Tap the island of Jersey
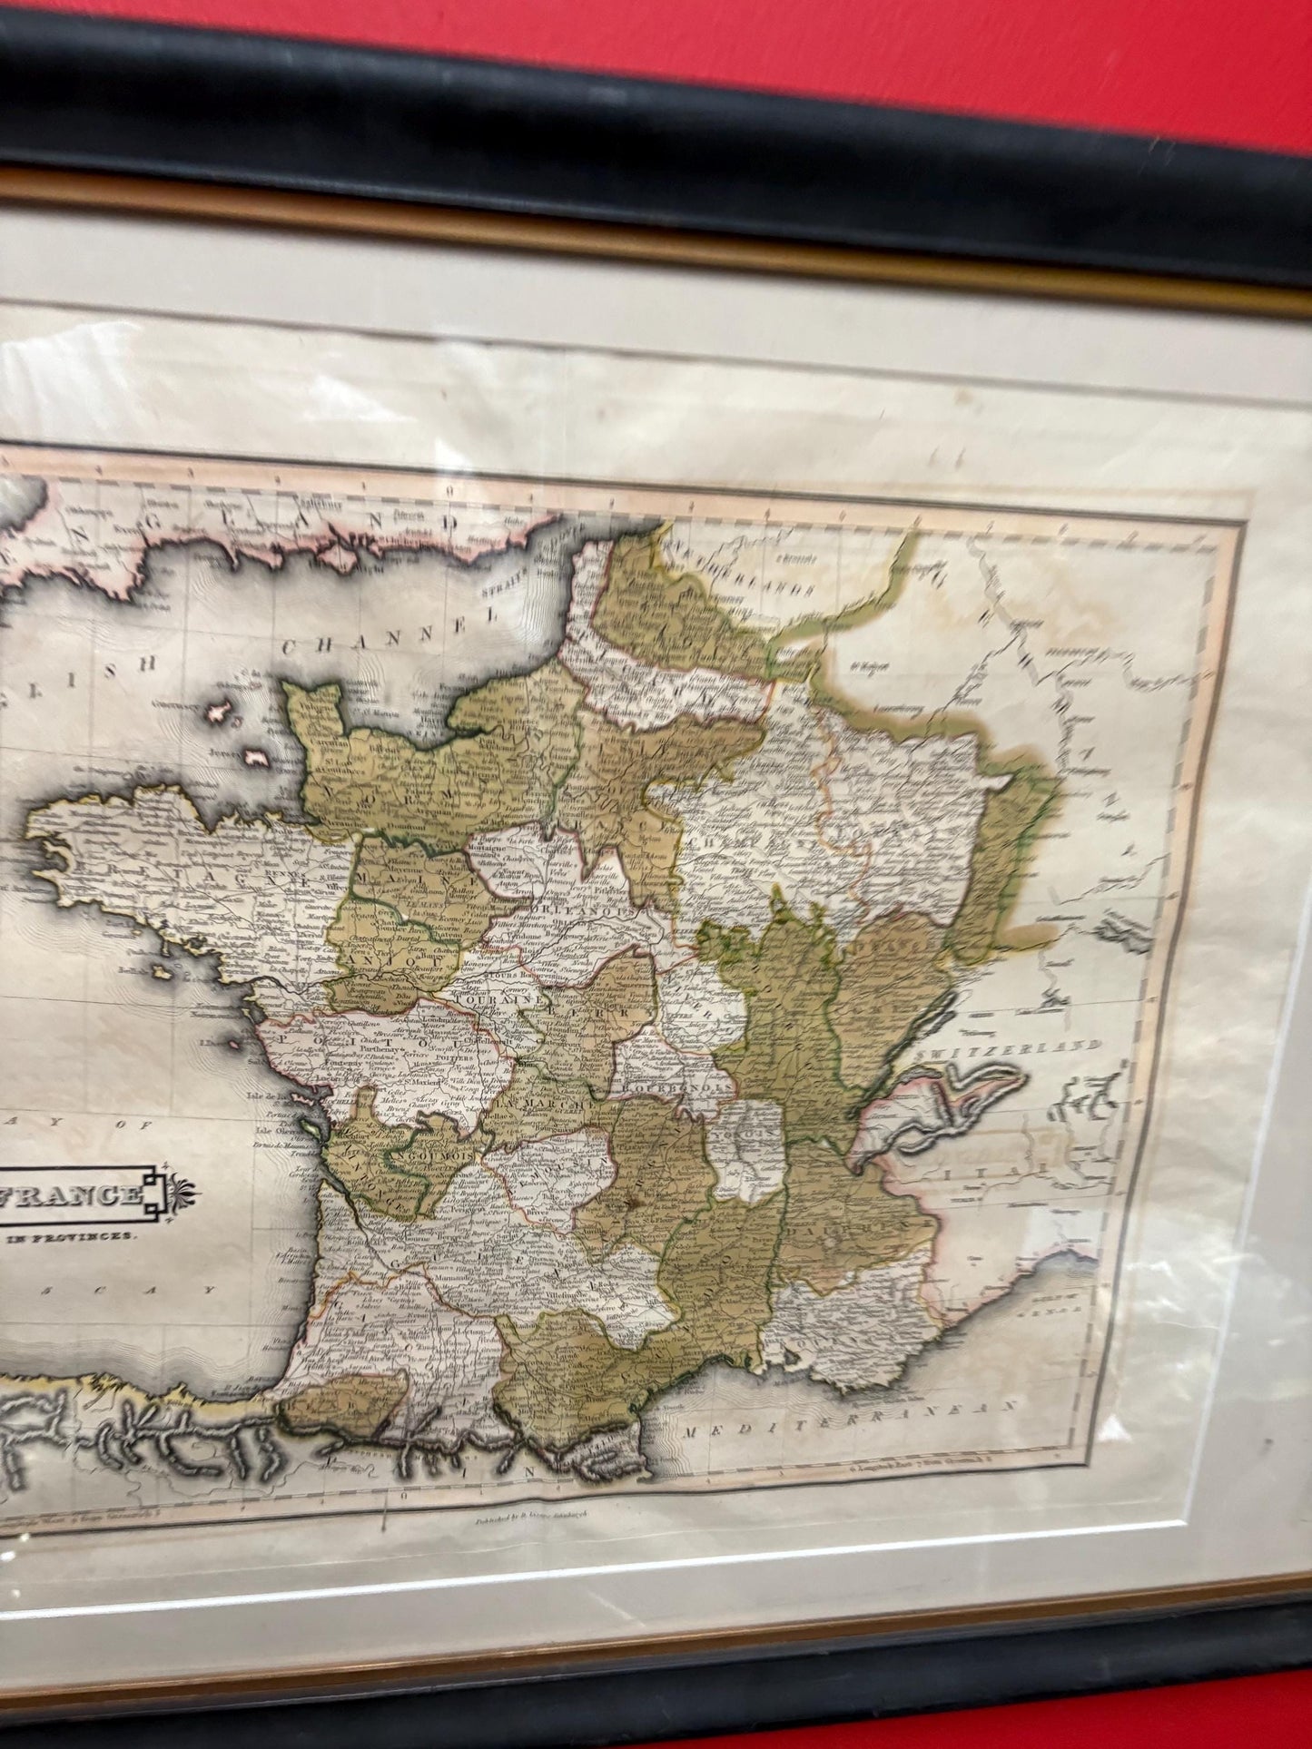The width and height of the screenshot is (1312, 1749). (257, 756)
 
